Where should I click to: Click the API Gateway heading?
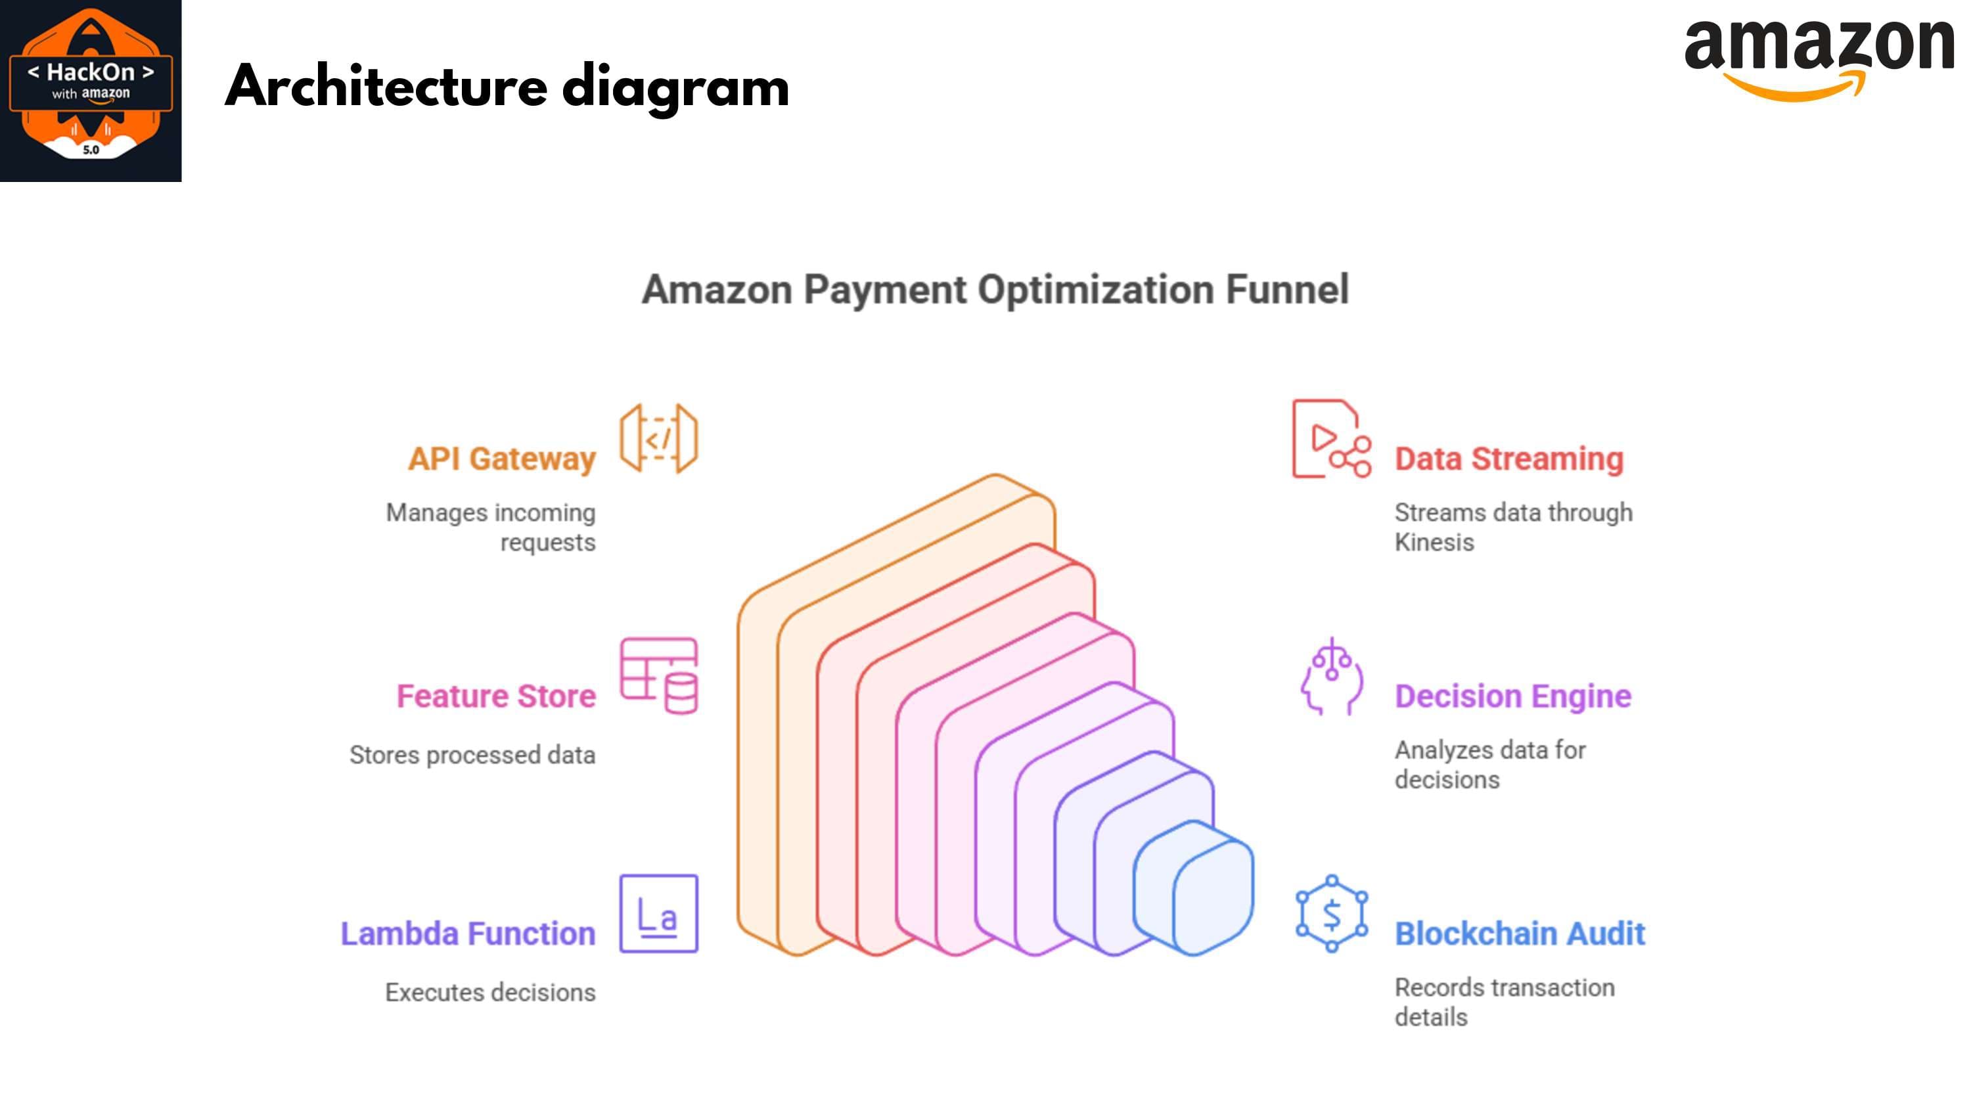[x=501, y=459]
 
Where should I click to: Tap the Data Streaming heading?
[x=1509, y=459]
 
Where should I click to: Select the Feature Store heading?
[x=496, y=696]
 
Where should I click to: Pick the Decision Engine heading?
[x=1512, y=696]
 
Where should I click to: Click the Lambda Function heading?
[x=468, y=933]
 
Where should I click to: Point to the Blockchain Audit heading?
[x=1520, y=933]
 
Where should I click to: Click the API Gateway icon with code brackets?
[x=659, y=439]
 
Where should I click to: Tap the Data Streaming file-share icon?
[x=1331, y=439]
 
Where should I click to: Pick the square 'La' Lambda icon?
[x=659, y=913]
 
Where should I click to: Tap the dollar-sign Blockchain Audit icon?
[x=1331, y=913]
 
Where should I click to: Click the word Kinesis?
[x=1434, y=542]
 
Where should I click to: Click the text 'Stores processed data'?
[x=472, y=755]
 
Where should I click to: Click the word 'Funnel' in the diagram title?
[x=1287, y=289]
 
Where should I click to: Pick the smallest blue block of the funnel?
[x=1194, y=888]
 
